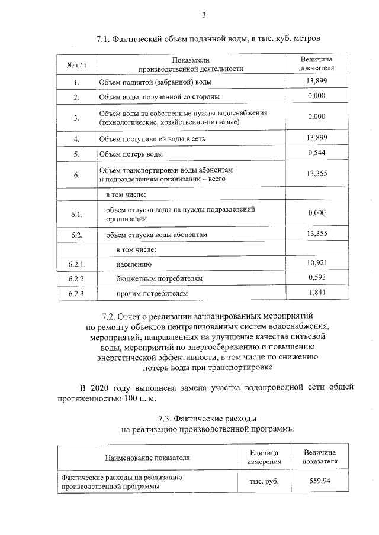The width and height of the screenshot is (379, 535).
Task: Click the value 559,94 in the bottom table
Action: (320, 481)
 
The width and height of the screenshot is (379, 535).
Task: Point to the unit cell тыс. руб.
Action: (264, 481)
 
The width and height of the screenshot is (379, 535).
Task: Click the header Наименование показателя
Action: (147, 457)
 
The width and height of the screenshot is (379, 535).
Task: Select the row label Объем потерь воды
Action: (131, 154)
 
